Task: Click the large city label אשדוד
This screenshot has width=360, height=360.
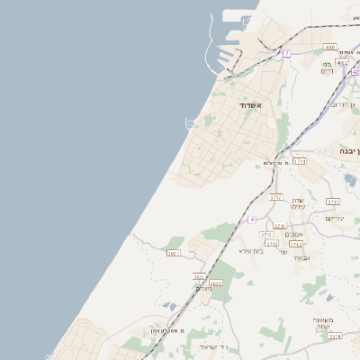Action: (x=250, y=106)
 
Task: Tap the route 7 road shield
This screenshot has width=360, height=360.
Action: (x=286, y=54)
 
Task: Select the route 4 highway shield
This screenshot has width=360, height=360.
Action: (x=254, y=220)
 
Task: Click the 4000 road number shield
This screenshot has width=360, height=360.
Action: (x=330, y=47)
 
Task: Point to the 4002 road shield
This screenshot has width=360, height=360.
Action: (x=342, y=63)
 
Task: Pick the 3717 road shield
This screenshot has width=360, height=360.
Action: (x=275, y=196)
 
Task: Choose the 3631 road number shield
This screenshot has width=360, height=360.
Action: (x=174, y=254)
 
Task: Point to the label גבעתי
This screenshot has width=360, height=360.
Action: (x=301, y=258)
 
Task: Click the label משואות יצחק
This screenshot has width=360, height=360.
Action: (x=325, y=323)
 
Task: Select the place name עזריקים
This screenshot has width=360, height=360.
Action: (x=336, y=219)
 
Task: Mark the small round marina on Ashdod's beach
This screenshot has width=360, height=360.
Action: (x=190, y=122)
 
